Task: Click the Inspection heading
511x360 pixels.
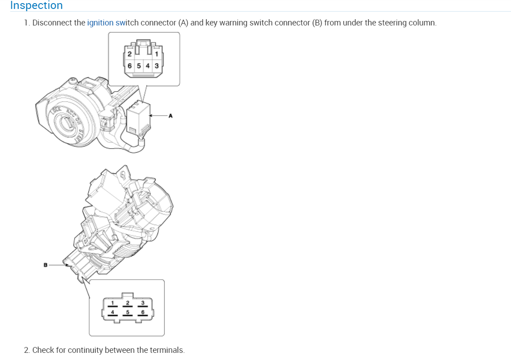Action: tap(36, 5)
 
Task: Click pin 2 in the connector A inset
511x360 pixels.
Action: tap(129, 54)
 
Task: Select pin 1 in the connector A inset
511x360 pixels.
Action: tap(157, 54)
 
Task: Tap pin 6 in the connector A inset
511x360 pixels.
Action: tap(130, 66)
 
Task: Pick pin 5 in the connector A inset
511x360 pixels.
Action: tap(139, 66)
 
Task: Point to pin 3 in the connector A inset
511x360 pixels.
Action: tap(157, 66)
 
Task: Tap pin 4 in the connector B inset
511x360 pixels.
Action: tap(112, 312)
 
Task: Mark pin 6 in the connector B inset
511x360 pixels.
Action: tap(142, 312)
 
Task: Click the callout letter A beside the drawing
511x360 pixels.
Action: tap(170, 116)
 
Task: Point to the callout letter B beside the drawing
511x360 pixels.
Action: tap(45, 265)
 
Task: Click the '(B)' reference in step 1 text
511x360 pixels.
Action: tap(317, 23)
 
